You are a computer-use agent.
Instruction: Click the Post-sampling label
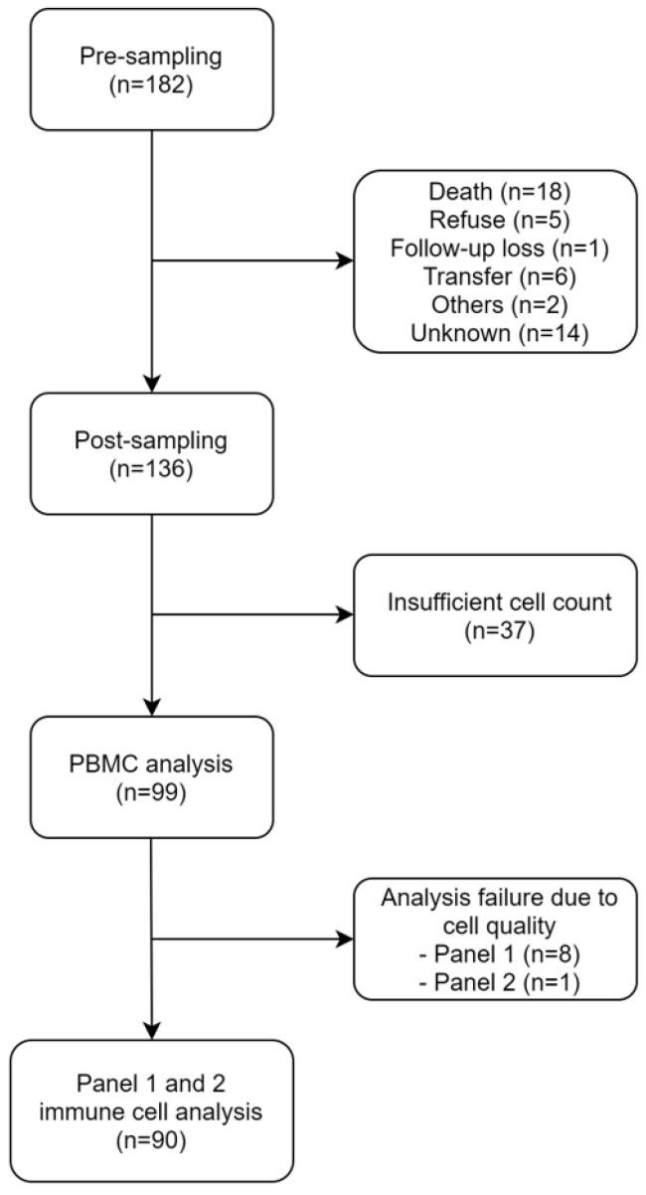pos(151,438)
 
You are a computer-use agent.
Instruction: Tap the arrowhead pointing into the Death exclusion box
pos(346,262)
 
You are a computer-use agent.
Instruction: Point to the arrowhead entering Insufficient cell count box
pos(346,614)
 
